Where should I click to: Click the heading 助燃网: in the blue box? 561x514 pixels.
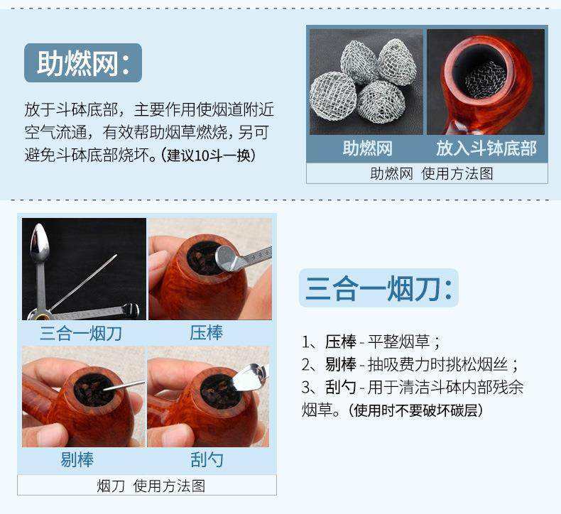(x=83, y=63)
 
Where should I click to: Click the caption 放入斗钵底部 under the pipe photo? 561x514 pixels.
(x=486, y=148)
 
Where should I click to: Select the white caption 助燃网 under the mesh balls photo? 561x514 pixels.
(x=367, y=148)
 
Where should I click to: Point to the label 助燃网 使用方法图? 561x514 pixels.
(x=427, y=173)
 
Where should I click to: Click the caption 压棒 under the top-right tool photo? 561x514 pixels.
(x=207, y=332)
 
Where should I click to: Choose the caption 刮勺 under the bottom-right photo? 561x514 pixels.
(x=207, y=459)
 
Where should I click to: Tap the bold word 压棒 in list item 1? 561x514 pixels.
(x=341, y=341)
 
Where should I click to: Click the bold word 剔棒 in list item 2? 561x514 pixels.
(x=341, y=365)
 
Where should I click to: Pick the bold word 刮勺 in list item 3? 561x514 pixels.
(x=341, y=388)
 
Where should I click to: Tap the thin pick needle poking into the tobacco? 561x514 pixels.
(x=124, y=388)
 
